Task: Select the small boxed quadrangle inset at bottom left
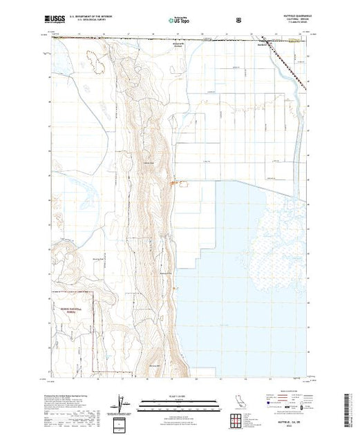122,422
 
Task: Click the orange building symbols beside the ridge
174,182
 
